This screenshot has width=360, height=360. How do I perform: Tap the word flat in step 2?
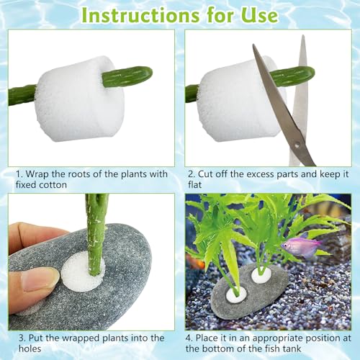tap(194, 184)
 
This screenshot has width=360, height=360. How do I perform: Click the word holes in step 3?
tap(30, 348)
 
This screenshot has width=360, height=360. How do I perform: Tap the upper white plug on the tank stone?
tap(261, 276)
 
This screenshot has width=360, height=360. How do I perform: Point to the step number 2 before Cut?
tap(191, 174)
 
